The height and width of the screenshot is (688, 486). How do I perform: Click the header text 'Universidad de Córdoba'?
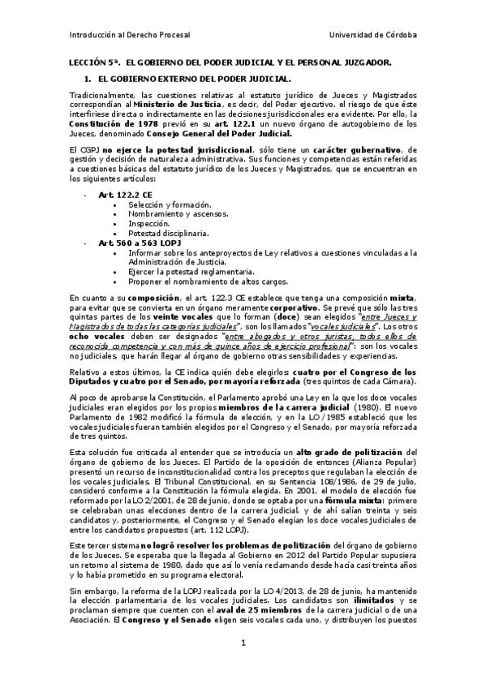(374, 36)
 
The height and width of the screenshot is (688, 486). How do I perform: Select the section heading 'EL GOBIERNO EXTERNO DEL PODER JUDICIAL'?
(194, 79)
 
